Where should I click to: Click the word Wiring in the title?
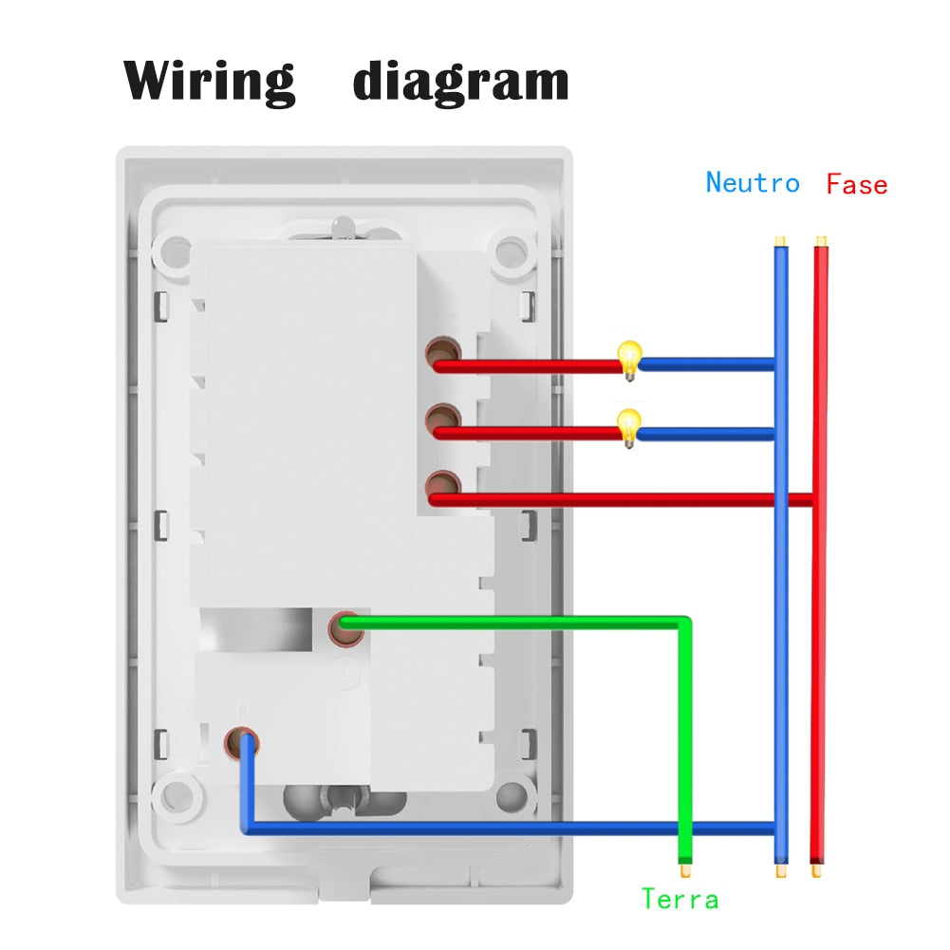210,81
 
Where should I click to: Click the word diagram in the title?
460,83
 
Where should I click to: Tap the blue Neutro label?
753,182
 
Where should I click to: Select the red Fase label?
856,183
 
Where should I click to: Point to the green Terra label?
680,898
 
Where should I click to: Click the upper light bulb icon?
627,360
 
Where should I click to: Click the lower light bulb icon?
627,426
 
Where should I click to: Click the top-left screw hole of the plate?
176,251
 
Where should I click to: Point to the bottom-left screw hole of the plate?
176,794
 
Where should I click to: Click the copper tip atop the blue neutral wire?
779,241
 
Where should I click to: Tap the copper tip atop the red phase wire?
821,241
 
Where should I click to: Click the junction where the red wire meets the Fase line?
816,499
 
